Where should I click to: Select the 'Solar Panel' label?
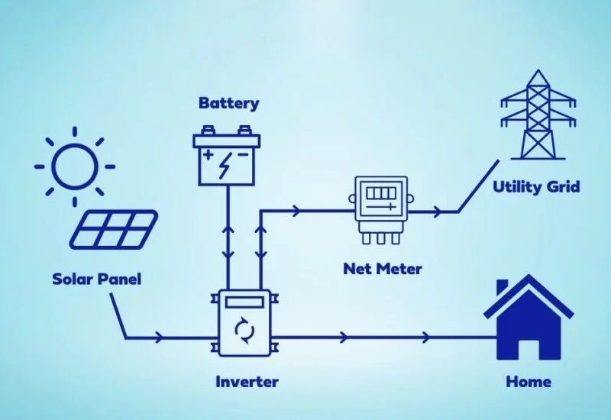tap(96, 279)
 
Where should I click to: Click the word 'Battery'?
tap(228, 103)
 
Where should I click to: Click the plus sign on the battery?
tap(209, 155)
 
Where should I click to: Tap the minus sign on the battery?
tap(244, 155)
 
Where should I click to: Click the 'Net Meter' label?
tap(382, 269)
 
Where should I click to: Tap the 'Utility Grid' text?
tap(536, 186)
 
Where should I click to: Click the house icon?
tap(527, 319)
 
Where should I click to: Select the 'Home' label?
tap(528, 381)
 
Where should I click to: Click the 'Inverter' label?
tap(247, 381)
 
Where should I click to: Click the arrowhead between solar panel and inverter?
tap(159, 337)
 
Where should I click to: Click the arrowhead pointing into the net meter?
tap(295, 211)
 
